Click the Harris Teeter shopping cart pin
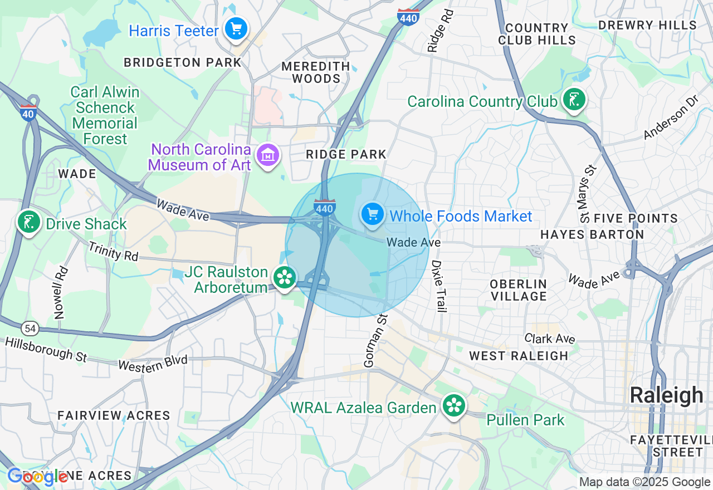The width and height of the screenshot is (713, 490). click(x=236, y=28)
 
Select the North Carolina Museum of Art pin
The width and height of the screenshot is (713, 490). click(x=268, y=156)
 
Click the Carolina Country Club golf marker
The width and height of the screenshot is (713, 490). click(x=574, y=100)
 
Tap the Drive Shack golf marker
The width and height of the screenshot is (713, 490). click(x=28, y=222)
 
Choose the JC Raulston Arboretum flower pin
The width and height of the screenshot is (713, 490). click(x=285, y=277)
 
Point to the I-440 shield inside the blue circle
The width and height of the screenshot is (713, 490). click(x=324, y=207)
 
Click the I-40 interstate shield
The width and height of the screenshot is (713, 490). click(x=28, y=113)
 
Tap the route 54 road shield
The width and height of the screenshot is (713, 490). click(x=31, y=329)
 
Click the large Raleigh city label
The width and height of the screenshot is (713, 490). click(x=666, y=395)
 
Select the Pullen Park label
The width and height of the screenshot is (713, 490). click(x=525, y=420)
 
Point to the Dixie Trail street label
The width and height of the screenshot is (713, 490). click(x=439, y=286)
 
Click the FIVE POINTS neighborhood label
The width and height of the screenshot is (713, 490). click(x=636, y=218)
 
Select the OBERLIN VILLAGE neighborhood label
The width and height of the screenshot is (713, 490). click(x=519, y=290)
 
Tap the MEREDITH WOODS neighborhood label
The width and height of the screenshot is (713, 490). click(x=316, y=72)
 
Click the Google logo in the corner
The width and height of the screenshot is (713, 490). click(x=38, y=477)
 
